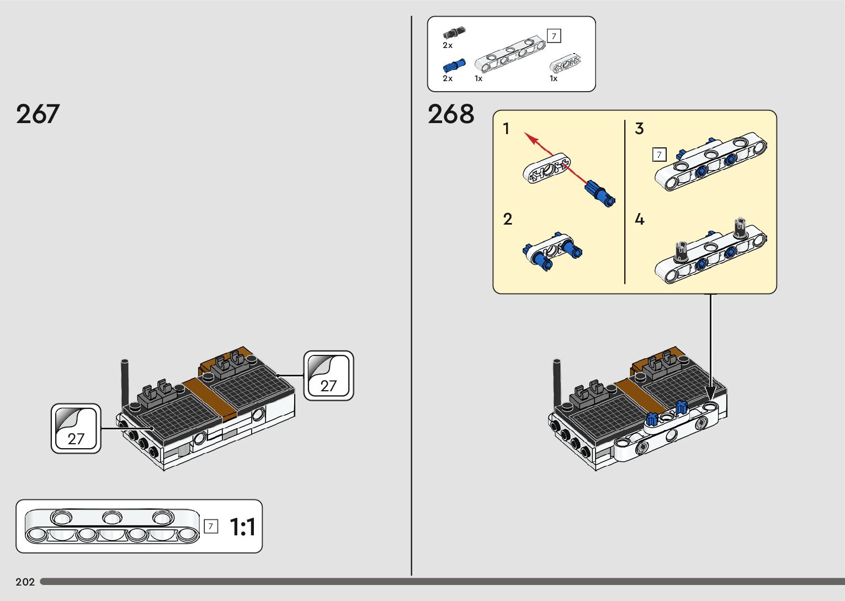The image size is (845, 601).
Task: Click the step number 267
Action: coord(38,114)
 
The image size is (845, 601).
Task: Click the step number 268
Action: coord(450,114)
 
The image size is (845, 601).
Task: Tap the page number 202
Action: coord(25,582)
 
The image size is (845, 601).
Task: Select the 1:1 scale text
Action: coord(242,527)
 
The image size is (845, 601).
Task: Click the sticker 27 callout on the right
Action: coord(328,376)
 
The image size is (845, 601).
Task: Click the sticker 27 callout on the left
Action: coord(76,429)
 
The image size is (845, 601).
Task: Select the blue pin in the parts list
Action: coord(454,66)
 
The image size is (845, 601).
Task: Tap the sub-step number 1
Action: coord(507,129)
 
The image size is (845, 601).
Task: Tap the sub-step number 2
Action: coord(508,219)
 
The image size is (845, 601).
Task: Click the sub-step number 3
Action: coord(639,129)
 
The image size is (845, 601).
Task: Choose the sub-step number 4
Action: coord(639,219)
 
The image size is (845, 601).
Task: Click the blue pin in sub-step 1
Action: coord(600,193)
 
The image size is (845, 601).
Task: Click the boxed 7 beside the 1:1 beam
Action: coord(211,526)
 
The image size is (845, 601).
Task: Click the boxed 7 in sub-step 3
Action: coord(659,155)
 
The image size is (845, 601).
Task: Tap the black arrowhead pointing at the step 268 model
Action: coord(711,391)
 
